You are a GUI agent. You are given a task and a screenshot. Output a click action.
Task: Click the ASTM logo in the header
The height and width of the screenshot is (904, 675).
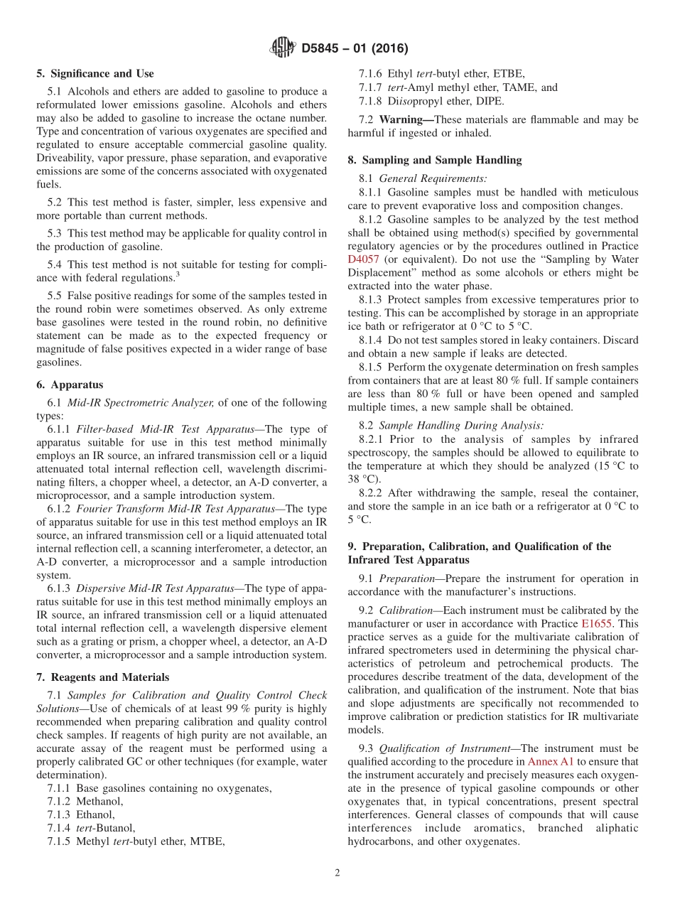click(282, 48)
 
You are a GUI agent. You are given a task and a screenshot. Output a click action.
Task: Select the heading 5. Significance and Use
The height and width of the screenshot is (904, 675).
click(94, 73)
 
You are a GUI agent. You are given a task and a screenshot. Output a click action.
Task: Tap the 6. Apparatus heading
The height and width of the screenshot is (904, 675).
click(70, 384)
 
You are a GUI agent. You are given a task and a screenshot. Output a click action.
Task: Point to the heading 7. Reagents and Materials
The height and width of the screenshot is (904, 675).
click(103, 677)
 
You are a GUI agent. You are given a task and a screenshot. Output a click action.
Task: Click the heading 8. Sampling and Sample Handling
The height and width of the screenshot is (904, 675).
click(434, 160)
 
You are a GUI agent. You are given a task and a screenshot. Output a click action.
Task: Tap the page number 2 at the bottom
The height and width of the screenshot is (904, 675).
click(337, 873)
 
